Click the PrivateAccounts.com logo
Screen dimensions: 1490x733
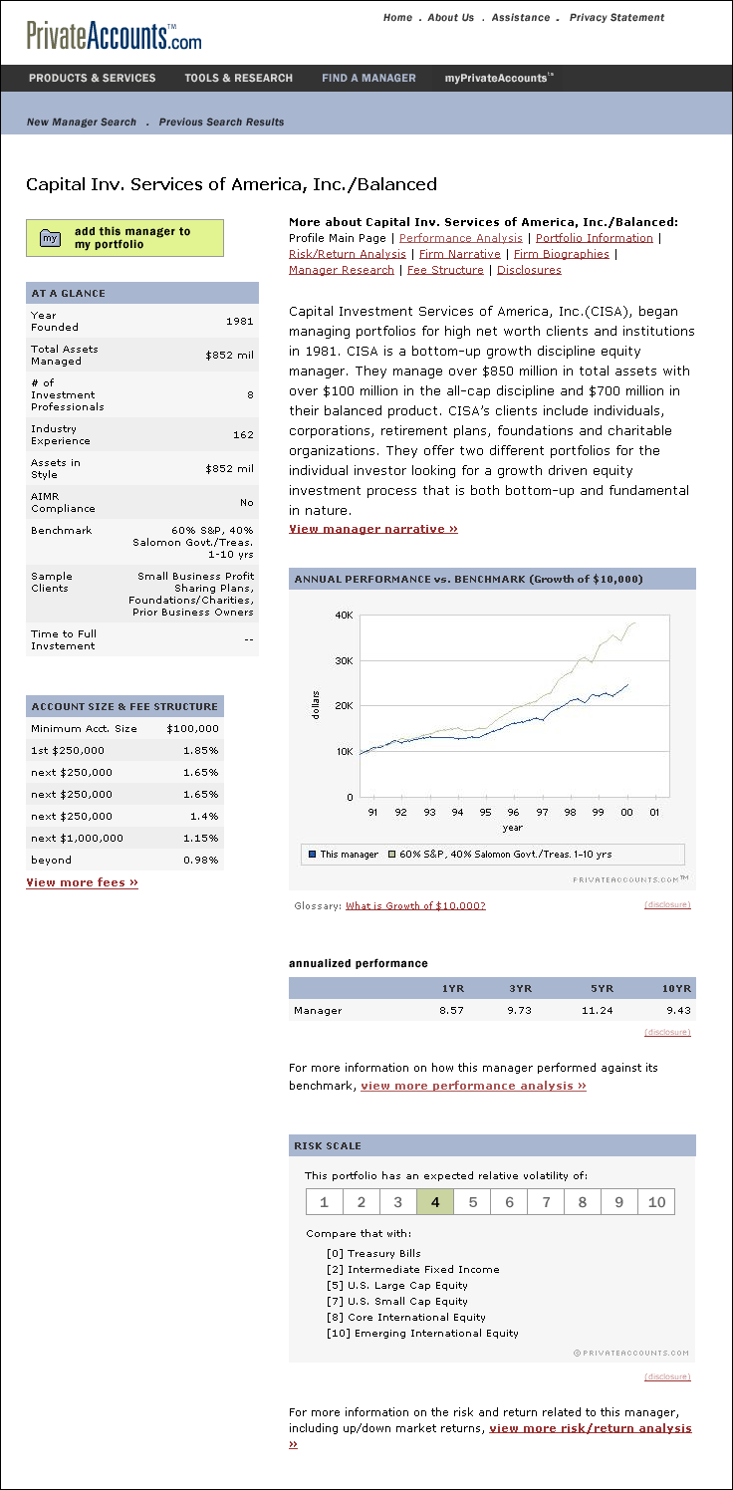114,36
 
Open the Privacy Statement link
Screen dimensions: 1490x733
616,17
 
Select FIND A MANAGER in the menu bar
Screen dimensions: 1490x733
368,78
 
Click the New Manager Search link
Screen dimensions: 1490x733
82,122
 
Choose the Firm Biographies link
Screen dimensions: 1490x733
561,254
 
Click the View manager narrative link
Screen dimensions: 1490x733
373,529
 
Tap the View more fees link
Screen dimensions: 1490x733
82,882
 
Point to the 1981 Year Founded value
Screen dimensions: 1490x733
240,321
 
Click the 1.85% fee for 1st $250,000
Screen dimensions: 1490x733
202,750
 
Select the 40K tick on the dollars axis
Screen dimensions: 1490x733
344,616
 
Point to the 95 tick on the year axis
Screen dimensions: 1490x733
485,812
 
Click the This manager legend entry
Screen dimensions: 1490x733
344,855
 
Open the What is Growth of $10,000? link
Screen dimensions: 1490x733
415,905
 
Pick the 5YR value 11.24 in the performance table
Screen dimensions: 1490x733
597,1010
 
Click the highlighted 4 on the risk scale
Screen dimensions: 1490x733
435,1202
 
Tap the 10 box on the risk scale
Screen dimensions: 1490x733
656,1202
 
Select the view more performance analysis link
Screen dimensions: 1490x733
473,1086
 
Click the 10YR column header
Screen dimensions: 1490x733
676,988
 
